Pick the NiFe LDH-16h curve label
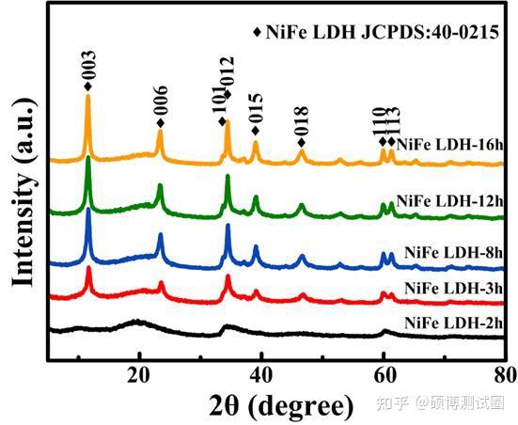point(449,146)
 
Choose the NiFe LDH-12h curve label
point(451,201)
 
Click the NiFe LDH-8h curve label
point(454,252)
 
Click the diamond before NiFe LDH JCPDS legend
point(258,32)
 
